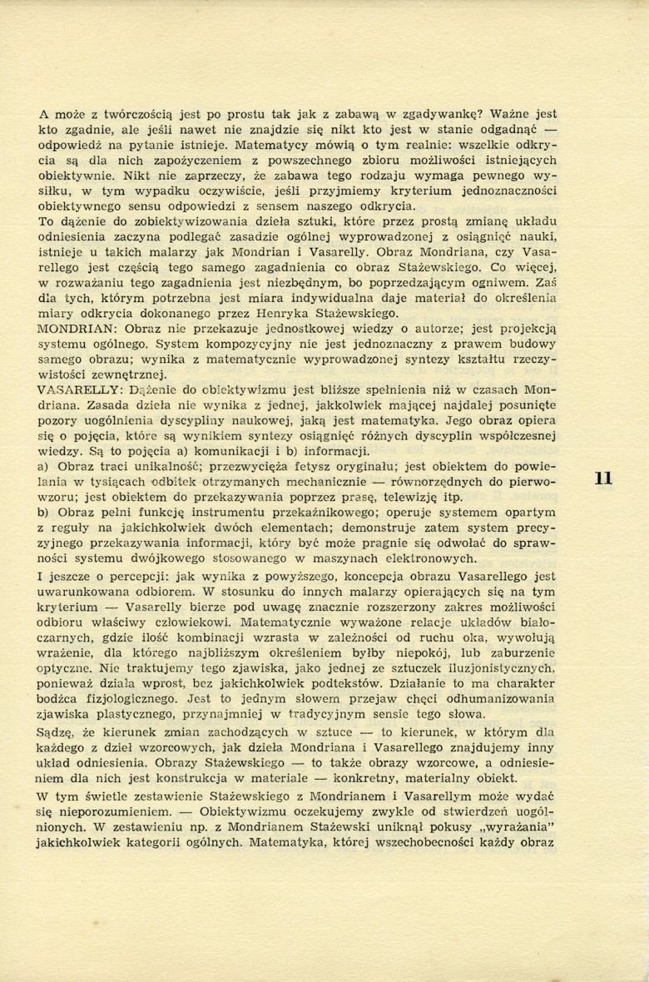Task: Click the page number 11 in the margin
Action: pyautogui.click(x=604, y=478)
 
